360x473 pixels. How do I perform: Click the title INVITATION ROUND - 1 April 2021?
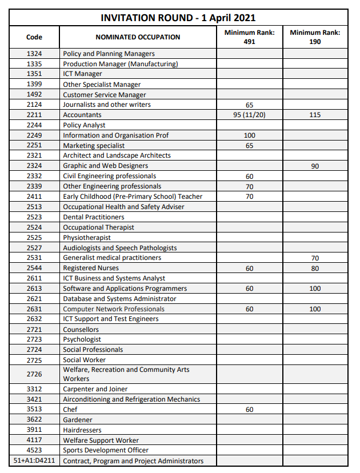coord(178,18)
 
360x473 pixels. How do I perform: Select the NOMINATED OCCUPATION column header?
coord(138,37)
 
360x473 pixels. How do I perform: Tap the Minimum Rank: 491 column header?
coord(249,37)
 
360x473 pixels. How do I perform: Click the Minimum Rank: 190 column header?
coord(315,37)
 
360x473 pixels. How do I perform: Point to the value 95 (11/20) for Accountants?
coord(249,115)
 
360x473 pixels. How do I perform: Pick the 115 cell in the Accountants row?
coord(315,115)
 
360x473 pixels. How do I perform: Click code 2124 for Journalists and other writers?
coord(34,105)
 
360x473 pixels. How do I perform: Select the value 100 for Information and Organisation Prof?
coord(249,135)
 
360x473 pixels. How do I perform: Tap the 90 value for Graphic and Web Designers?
coord(315,166)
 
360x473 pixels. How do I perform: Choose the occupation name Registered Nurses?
coord(91,268)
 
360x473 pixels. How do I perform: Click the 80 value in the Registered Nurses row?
coord(315,268)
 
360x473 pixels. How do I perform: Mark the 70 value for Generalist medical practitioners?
coord(315,258)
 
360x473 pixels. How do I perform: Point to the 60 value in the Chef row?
coord(249,410)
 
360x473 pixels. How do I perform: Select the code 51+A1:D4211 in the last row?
coord(34,460)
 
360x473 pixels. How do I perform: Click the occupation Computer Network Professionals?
coord(114,309)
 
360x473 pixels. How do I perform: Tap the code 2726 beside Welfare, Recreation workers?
coord(34,374)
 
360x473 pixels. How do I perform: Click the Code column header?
coord(34,37)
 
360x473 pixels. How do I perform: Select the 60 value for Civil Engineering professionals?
coord(249,177)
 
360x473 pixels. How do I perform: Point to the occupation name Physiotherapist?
coord(87,238)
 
